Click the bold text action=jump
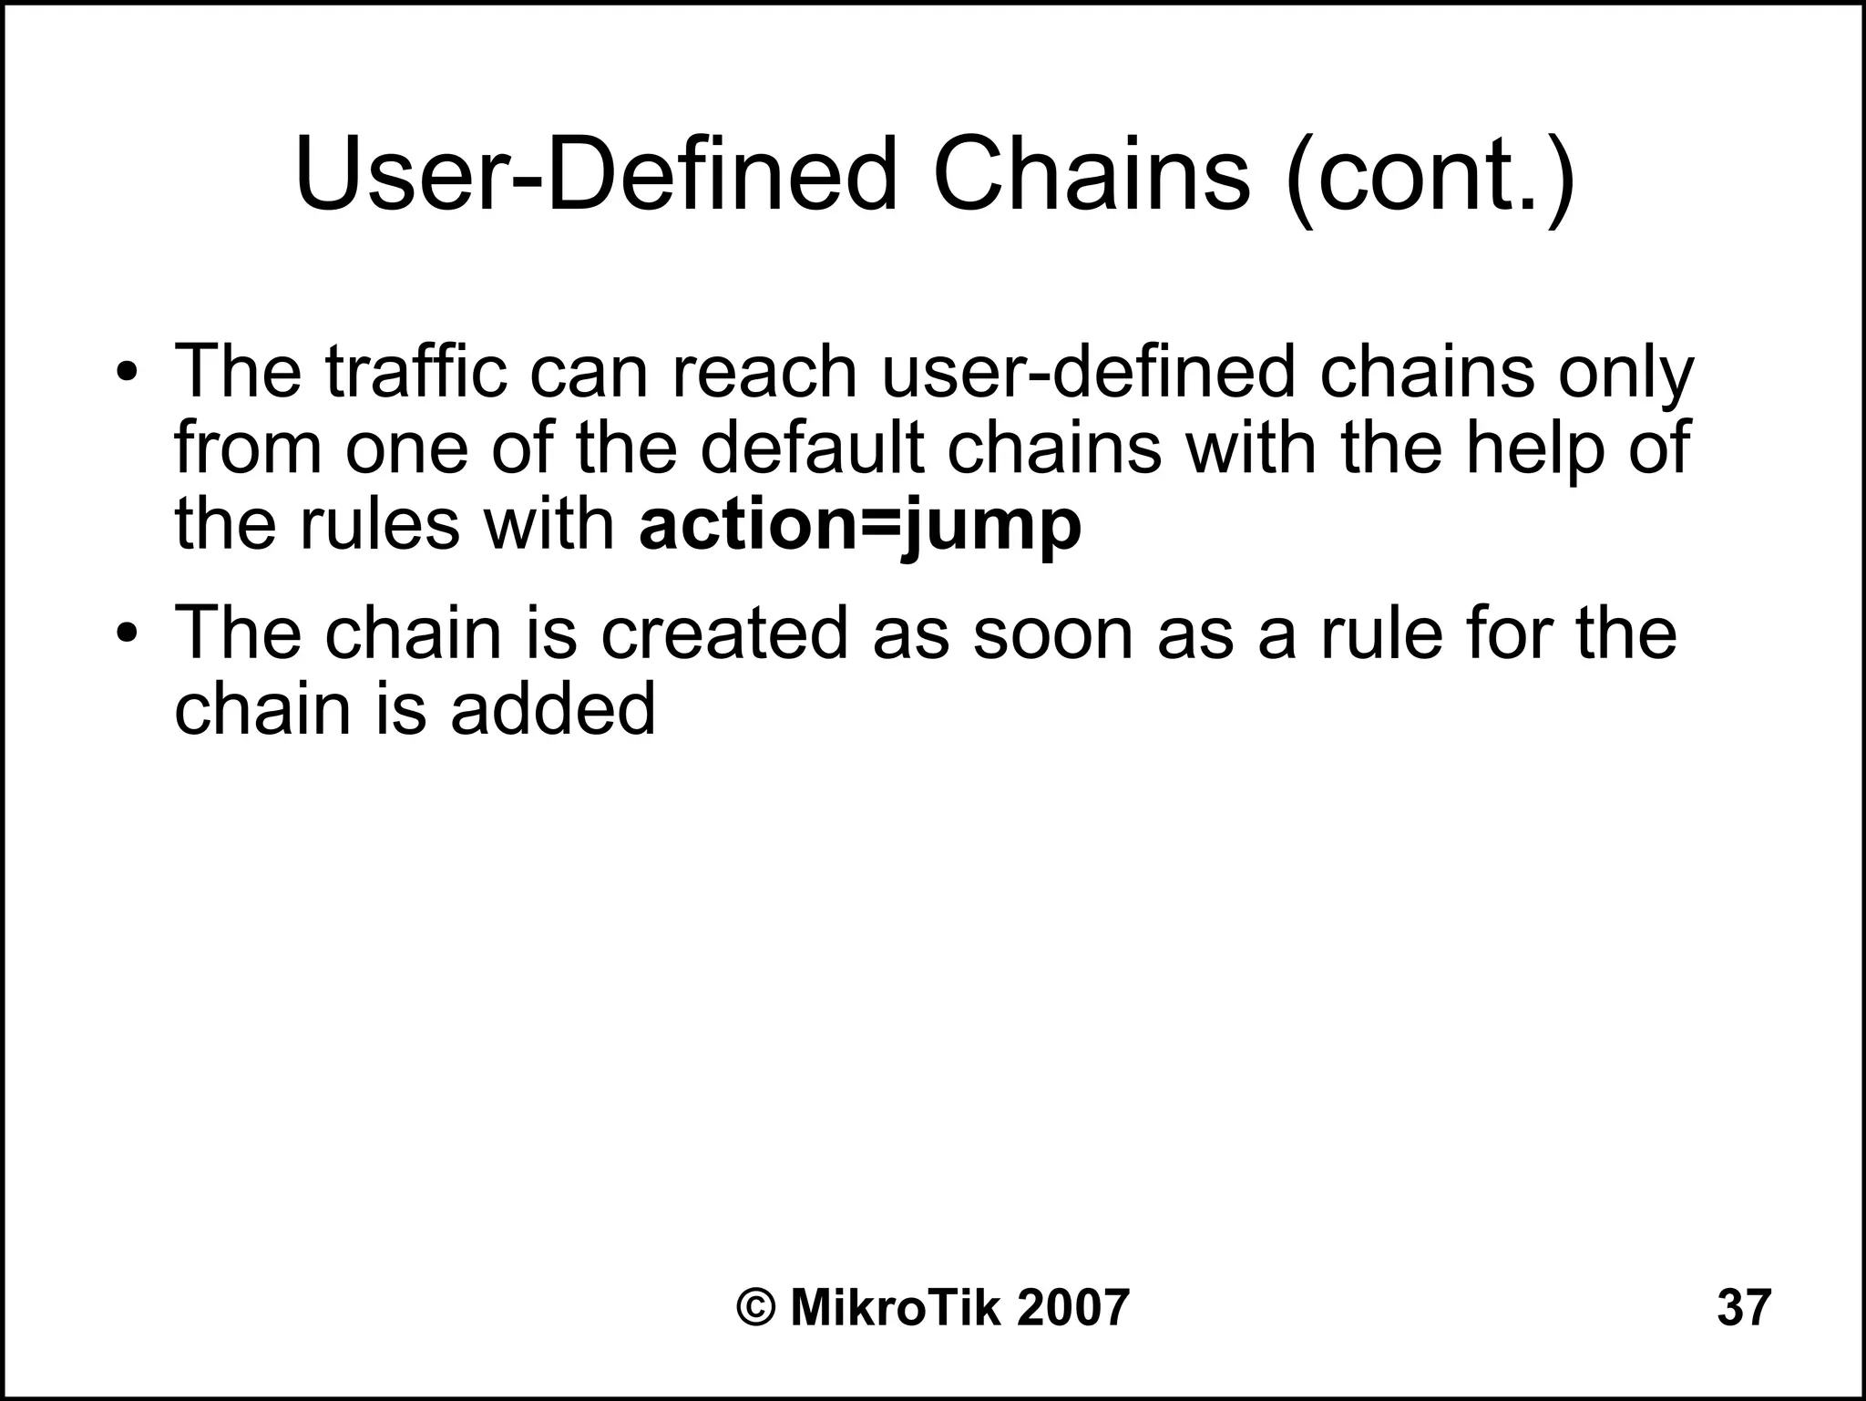[860, 527]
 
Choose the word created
[724, 632]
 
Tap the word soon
[1052, 632]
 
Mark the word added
[553, 708]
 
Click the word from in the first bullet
[248, 448]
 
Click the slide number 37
[1744, 1307]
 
